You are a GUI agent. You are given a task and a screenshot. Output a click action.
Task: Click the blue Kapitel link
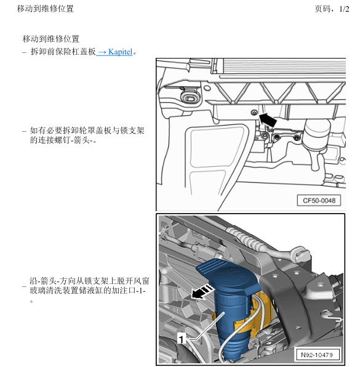(x=114, y=52)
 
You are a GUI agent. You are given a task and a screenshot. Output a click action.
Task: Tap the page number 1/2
(x=344, y=9)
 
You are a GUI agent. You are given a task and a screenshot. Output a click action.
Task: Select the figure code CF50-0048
(x=319, y=201)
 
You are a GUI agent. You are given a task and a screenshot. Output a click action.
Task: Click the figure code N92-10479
(x=317, y=355)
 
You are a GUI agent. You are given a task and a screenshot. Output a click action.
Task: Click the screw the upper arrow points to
(x=254, y=113)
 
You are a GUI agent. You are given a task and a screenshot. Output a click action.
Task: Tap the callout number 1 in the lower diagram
(x=182, y=339)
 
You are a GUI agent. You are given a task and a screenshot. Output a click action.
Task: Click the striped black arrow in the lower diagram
(x=202, y=292)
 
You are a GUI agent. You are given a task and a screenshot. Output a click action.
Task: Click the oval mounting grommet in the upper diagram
(x=190, y=98)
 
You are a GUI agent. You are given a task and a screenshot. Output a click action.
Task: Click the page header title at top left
(x=46, y=9)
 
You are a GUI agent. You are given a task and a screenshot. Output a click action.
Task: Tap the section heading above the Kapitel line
(x=51, y=39)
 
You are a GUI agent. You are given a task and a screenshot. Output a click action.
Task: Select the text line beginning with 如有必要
(x=87, y=131)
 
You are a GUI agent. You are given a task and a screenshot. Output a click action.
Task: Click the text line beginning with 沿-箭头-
(x=89, y=281)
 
